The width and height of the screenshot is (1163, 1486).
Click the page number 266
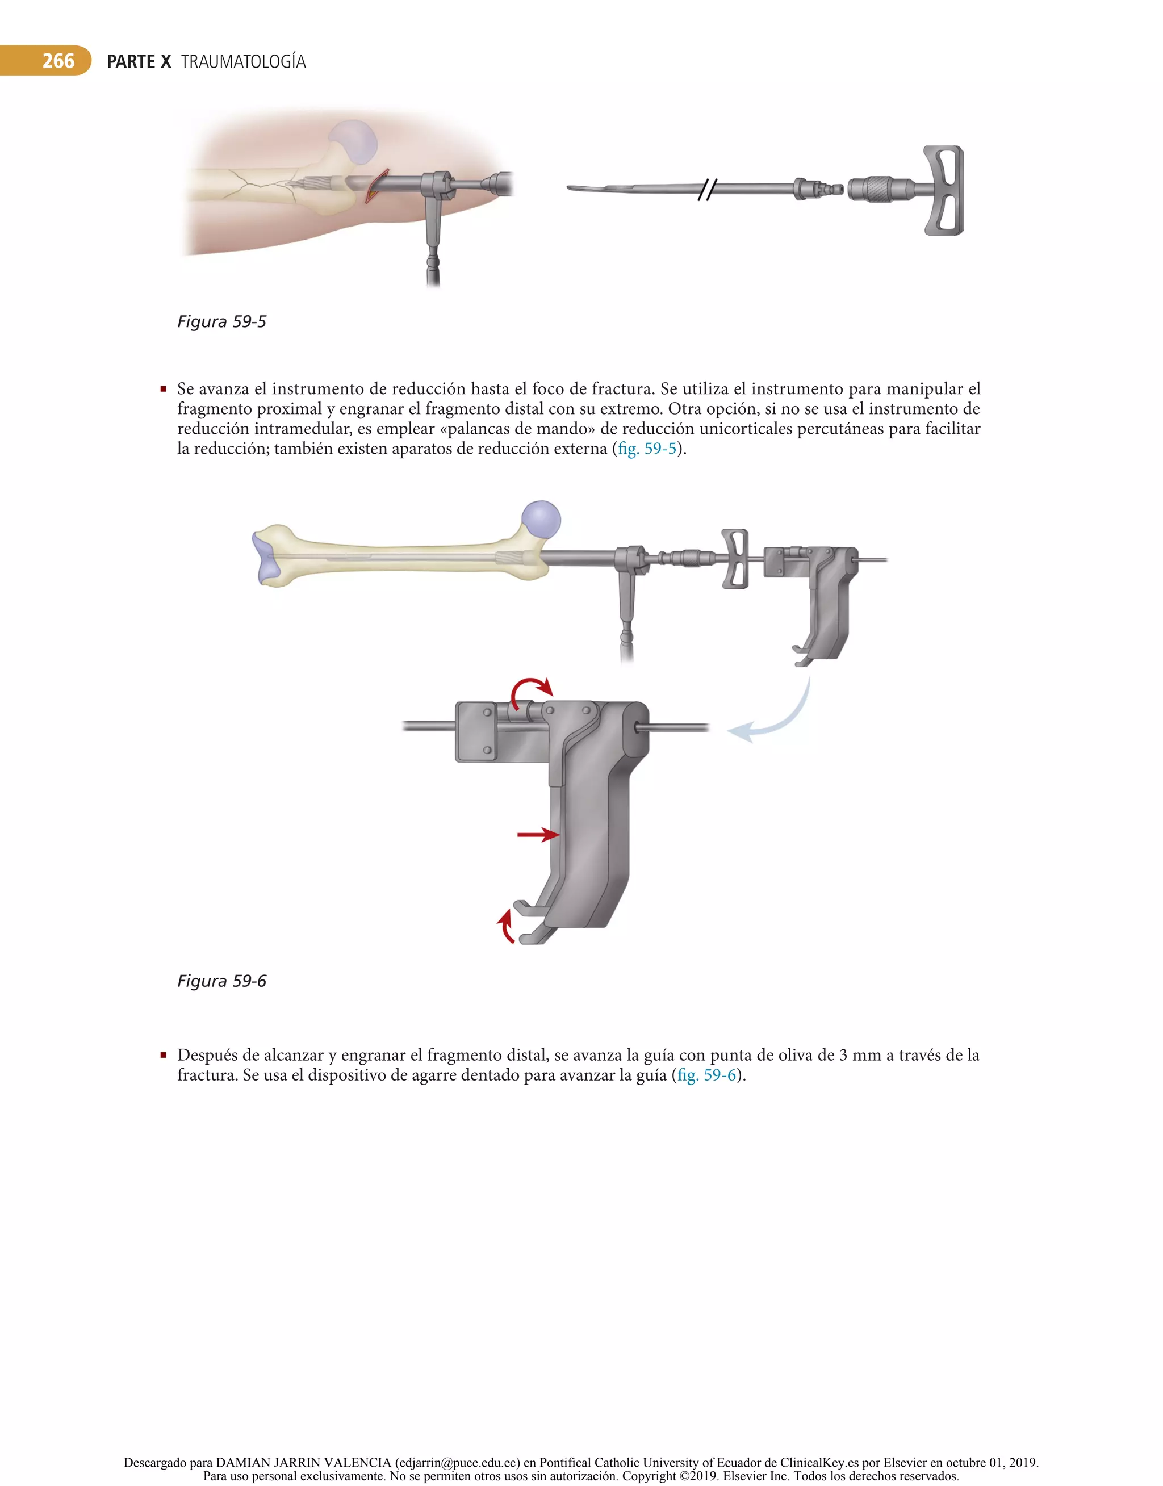58,61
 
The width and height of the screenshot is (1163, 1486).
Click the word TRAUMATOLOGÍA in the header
243,62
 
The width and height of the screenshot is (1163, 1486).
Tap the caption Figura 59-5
222,321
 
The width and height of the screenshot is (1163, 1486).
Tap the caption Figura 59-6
222,981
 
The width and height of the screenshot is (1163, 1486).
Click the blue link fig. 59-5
647,449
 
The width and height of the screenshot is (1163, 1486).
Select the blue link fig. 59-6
707,1075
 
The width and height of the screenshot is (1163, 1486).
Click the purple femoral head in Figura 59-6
541,520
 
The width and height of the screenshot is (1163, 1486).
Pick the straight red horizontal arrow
538,835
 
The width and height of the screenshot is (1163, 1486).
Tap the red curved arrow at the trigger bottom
506,926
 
